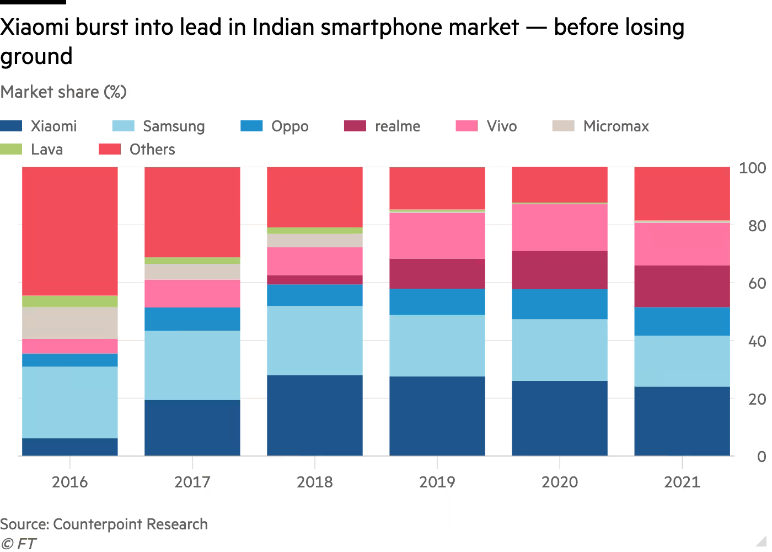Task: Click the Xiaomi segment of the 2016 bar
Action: point(70,447)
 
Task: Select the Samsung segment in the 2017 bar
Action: point(192,365)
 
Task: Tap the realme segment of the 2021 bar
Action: point(682,286)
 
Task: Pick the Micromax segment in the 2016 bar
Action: point(70,323)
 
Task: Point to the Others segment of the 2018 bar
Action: point(315,197)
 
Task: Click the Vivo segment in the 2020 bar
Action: point(560,227)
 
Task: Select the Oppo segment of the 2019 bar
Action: point(437,302)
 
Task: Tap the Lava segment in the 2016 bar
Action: point(70,301)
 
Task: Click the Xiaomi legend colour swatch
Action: point(12,126)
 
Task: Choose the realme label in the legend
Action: point(397,126)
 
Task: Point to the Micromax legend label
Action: point(615,126)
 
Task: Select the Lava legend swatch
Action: point(12,150)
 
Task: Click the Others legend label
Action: point(152,150)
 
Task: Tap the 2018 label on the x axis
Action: point(315,482)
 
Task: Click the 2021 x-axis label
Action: point(682,482)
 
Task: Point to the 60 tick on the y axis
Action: point(752,284)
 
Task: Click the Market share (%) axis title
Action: point(63,92)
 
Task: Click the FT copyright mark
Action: point(18,544)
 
